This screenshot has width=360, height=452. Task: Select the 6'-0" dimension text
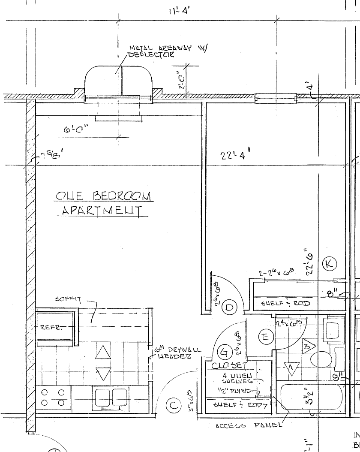75,129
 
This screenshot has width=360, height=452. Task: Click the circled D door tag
231,307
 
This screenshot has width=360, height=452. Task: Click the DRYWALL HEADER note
179,353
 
